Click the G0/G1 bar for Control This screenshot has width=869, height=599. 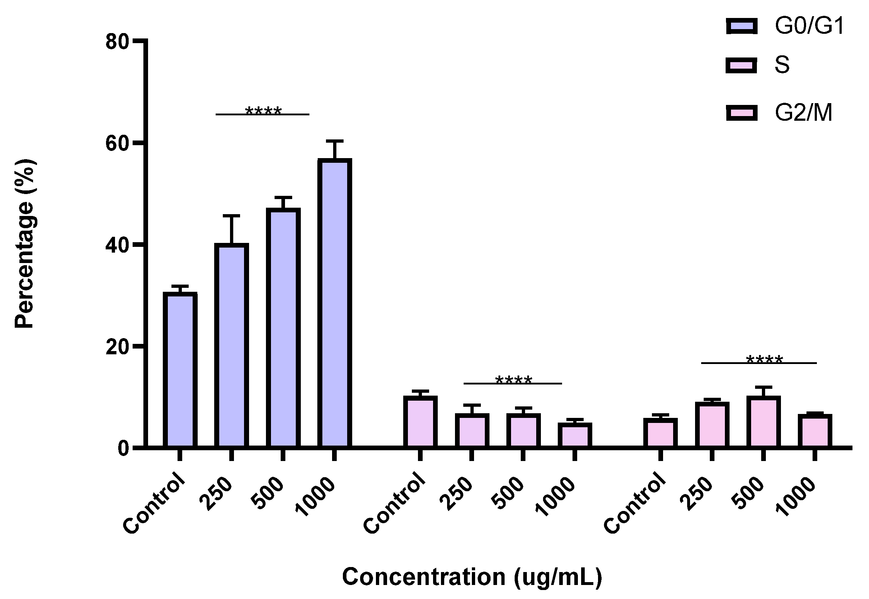pos(180,370)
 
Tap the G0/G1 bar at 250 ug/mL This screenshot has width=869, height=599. pos(231,345)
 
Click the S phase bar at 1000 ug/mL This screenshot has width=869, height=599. pos(574,435)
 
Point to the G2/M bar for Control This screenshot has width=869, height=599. pos(660,433)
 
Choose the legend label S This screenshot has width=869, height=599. pos(782,65)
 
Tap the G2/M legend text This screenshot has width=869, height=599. pos(803,113)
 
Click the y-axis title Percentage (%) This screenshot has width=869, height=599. pos(25,244)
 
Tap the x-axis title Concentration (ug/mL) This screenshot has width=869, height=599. pos(472,577)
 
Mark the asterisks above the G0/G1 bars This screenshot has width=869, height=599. pos(263,111)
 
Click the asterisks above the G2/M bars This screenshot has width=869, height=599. pos(764,360)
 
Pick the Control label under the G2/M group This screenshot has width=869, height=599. pos(634,503)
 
